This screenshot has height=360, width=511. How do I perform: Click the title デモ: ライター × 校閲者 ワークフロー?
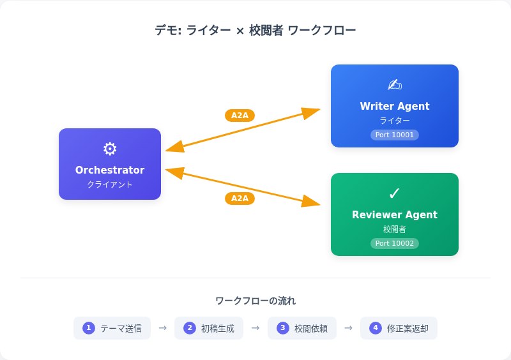(256, 30)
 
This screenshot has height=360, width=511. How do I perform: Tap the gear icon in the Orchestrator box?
(110, 149)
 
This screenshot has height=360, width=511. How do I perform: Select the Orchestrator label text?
(110, 170)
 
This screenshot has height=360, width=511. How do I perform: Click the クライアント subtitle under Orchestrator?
(110, 184)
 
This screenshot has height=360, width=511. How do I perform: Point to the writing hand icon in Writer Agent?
(394, 85)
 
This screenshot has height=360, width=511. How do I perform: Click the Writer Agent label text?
(395, 107)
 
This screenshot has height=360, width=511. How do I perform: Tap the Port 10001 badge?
(395, 135)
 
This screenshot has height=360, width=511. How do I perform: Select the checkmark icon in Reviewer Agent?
(395, 193)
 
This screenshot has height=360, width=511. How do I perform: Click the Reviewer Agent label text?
(395, 215)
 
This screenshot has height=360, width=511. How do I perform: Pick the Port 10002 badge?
(395, 243)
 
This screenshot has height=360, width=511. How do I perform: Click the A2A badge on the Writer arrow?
(240, 116)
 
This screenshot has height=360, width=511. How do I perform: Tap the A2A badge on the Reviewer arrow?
(240, 199)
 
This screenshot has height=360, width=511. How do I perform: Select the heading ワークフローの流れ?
(256, 301)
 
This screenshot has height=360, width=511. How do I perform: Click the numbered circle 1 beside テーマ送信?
(89, 328)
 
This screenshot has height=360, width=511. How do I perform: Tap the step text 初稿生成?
(218, 329)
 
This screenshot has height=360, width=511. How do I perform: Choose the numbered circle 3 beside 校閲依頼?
(283, 328)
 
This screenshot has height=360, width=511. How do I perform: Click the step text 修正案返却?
(408, 329)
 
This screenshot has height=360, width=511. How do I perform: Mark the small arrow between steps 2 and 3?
(256, 328)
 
